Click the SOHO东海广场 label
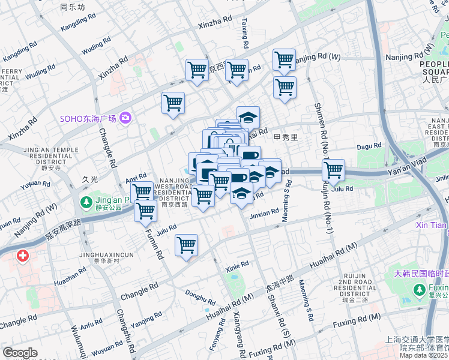[x=87, y=118]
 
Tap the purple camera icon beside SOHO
[x=125, y=117]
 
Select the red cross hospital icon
[x=23, y=257]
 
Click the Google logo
[x=20, y=353]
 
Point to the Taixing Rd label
[x=245, y=32]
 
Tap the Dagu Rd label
[x=369, y=146]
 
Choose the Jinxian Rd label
[x=264, y=212]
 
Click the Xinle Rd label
[x=237, y=265]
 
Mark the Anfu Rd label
[x=92, y=325]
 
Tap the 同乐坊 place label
[x=73, y=8]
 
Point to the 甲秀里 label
[x=286, y=137]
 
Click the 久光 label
[x=89, y=179]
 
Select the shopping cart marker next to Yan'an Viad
[x=333, y=170]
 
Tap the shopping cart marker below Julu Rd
[x=187, y=245]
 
